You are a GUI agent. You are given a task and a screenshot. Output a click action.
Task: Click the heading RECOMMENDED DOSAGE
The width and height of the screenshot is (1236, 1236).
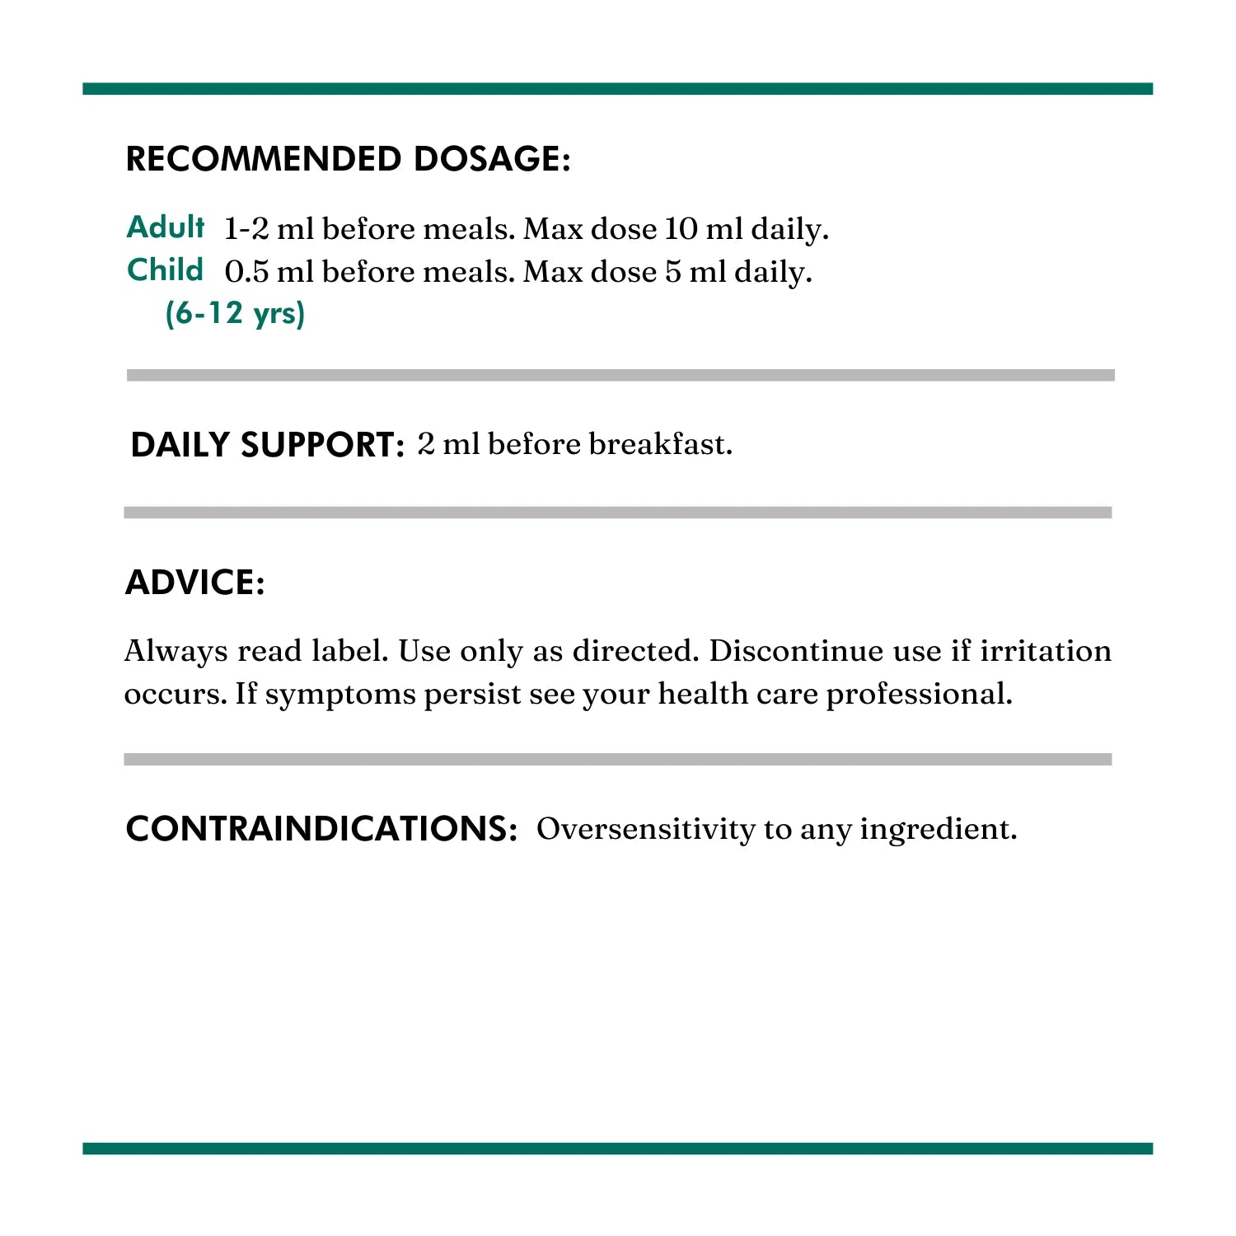348,159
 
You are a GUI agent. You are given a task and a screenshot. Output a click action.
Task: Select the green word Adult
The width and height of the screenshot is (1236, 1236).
166,227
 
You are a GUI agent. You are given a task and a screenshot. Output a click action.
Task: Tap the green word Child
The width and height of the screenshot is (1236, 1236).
165,270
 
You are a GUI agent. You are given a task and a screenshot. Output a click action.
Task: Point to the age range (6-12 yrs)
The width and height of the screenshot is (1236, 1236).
235,313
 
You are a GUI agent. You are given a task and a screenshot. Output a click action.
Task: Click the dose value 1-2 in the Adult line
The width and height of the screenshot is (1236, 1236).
246,229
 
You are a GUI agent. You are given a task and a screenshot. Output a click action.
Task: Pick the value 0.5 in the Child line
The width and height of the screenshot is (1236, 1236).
246,272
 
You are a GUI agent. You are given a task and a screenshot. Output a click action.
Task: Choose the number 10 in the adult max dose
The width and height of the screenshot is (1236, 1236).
681,229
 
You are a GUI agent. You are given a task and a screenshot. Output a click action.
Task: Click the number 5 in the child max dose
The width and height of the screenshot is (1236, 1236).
673,272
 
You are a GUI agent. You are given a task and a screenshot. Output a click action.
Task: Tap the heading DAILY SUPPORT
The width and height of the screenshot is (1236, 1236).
267,445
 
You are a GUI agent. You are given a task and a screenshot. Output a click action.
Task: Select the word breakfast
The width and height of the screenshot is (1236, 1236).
660,444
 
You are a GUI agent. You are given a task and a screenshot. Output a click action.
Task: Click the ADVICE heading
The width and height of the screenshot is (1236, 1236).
194,583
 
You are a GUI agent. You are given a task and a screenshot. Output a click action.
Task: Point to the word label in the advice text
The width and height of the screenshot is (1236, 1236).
349,651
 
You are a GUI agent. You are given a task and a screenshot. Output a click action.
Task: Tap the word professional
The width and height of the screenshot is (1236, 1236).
919,695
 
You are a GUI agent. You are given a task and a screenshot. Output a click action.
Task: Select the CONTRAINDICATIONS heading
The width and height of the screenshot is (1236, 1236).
321,829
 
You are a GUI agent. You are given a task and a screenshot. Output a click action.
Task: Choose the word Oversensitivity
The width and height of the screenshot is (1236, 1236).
645,829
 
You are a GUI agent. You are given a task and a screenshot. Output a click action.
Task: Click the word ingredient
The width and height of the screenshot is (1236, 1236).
939,830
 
